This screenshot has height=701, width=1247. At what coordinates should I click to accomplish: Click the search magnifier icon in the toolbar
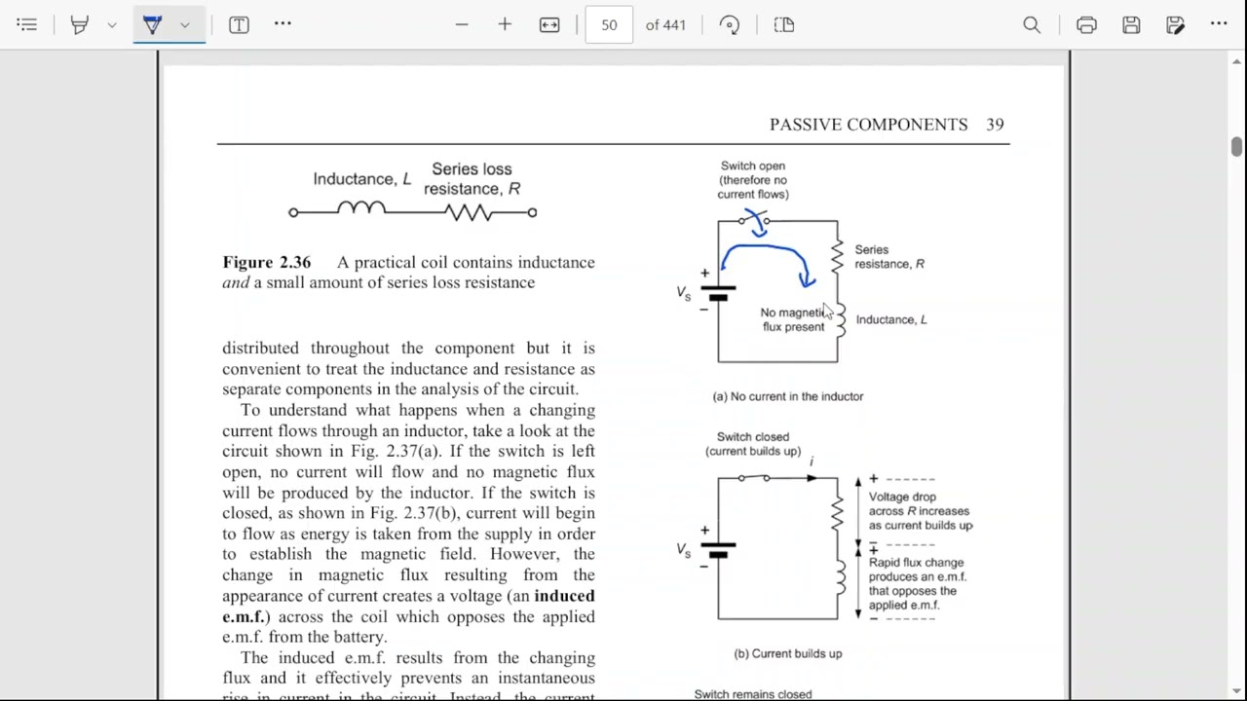1032,25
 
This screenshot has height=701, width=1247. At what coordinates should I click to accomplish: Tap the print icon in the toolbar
1086,25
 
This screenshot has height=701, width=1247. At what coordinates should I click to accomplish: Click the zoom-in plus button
505,25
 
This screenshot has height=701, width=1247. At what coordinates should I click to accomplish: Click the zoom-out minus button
462,25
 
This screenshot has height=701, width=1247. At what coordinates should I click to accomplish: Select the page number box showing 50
609,25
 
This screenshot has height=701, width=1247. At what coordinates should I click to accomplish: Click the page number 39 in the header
995,125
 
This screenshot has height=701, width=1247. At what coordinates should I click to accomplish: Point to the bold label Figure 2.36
267,263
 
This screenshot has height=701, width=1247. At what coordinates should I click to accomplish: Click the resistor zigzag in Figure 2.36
471,212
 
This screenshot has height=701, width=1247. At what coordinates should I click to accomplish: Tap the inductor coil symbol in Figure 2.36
361,208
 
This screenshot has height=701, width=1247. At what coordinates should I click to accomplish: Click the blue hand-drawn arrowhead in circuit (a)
807,280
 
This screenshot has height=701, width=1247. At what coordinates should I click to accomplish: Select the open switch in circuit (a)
754,221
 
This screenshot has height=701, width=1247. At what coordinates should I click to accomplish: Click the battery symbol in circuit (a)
718,293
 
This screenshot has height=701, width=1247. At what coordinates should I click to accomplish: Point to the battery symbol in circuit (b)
718,550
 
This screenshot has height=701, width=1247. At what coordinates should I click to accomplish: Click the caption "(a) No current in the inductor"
787,396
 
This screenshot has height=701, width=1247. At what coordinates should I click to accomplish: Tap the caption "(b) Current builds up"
787,653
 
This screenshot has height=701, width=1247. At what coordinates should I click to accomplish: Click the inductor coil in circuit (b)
839,576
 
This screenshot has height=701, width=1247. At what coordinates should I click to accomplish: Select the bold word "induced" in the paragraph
564,596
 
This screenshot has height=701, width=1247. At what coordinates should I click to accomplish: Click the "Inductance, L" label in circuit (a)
890,319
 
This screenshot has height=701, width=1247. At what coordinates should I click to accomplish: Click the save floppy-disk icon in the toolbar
1131,25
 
